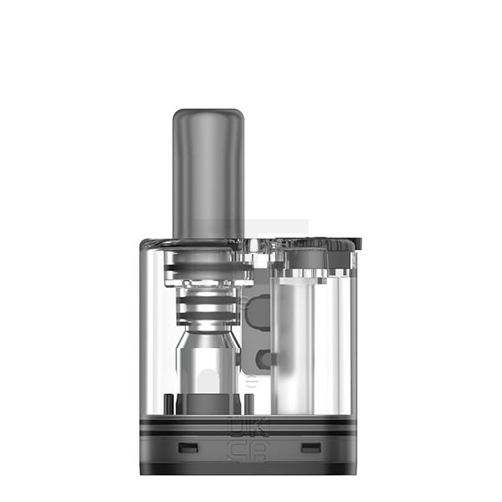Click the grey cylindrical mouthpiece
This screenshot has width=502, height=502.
[207, 176]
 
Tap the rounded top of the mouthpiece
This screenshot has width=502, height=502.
[207, 114]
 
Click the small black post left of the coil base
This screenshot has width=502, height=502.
[170, 400]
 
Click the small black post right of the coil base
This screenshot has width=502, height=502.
[240, 400]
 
